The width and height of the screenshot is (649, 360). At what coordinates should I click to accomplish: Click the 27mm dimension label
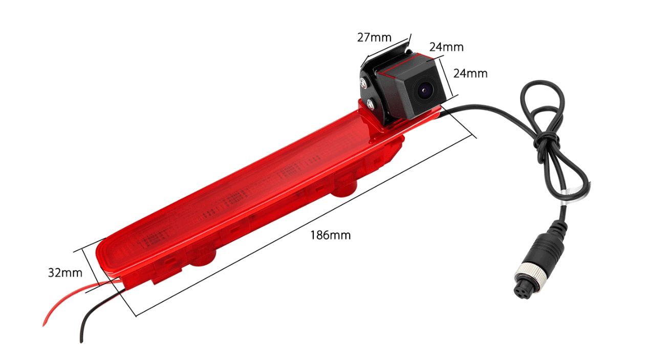click(374, 37)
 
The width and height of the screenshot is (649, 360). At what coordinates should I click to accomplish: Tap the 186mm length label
click(330, 235)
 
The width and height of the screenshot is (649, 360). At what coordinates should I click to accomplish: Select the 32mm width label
click(65, 273)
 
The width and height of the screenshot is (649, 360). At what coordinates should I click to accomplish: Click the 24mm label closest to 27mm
click(446, 47)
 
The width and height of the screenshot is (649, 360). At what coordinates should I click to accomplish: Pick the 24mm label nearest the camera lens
click(470, 74)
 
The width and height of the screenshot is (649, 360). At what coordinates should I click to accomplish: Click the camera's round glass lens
click(424, 91)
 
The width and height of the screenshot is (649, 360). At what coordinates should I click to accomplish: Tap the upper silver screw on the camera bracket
click(363, 82)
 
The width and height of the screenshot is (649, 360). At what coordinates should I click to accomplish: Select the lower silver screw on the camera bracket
click(371, 103)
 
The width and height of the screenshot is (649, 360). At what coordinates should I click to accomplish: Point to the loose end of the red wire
click(44, 325)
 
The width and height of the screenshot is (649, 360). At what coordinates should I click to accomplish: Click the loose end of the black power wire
click(81, 341)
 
